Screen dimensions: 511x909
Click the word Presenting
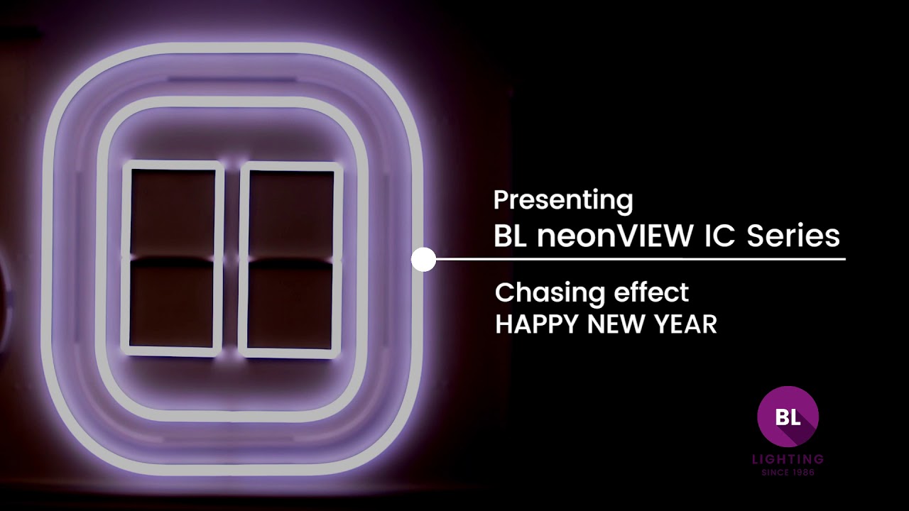pos(562,201)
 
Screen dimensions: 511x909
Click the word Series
pos(793,236)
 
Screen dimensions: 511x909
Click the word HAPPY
pos(535,324)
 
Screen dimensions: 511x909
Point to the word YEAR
pos(686,324)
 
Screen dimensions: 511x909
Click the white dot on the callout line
pos(423,260)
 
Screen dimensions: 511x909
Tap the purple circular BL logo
pos(788,417)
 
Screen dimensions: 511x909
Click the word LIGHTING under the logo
pos(788,460)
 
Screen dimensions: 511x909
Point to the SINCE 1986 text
pos(788,472)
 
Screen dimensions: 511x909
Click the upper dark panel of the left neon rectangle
pos(173,212)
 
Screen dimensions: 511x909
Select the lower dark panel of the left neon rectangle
pos(173,304)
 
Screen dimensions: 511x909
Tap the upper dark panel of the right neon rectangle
pos(291,212)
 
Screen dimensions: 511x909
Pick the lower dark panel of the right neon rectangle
pos(291,304)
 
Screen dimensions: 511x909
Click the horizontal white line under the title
pos(639,259)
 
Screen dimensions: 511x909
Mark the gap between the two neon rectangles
pos(232,259)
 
